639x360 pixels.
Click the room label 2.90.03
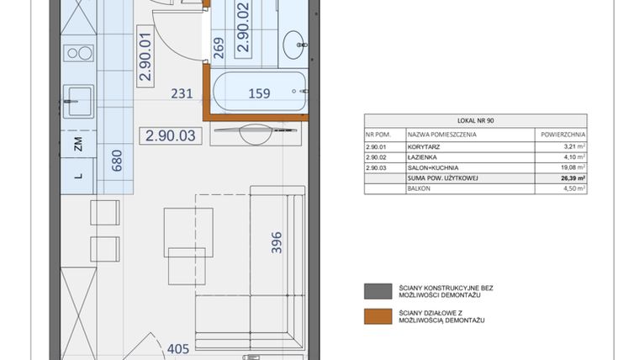tap(171, 135)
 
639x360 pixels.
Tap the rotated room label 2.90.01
tap(145, 56)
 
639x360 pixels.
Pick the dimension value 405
tap(179, 346)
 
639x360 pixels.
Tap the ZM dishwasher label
tap(78, 144)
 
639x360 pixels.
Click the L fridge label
tap(78, 176)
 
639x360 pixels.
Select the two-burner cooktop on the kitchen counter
tap(80, 54)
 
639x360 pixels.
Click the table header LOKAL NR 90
tap(475, 121)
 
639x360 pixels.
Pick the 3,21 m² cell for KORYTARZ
tap(573, 146)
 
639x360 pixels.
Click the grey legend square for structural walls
tap(372, 291)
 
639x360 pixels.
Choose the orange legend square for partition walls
tap(372, 316)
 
